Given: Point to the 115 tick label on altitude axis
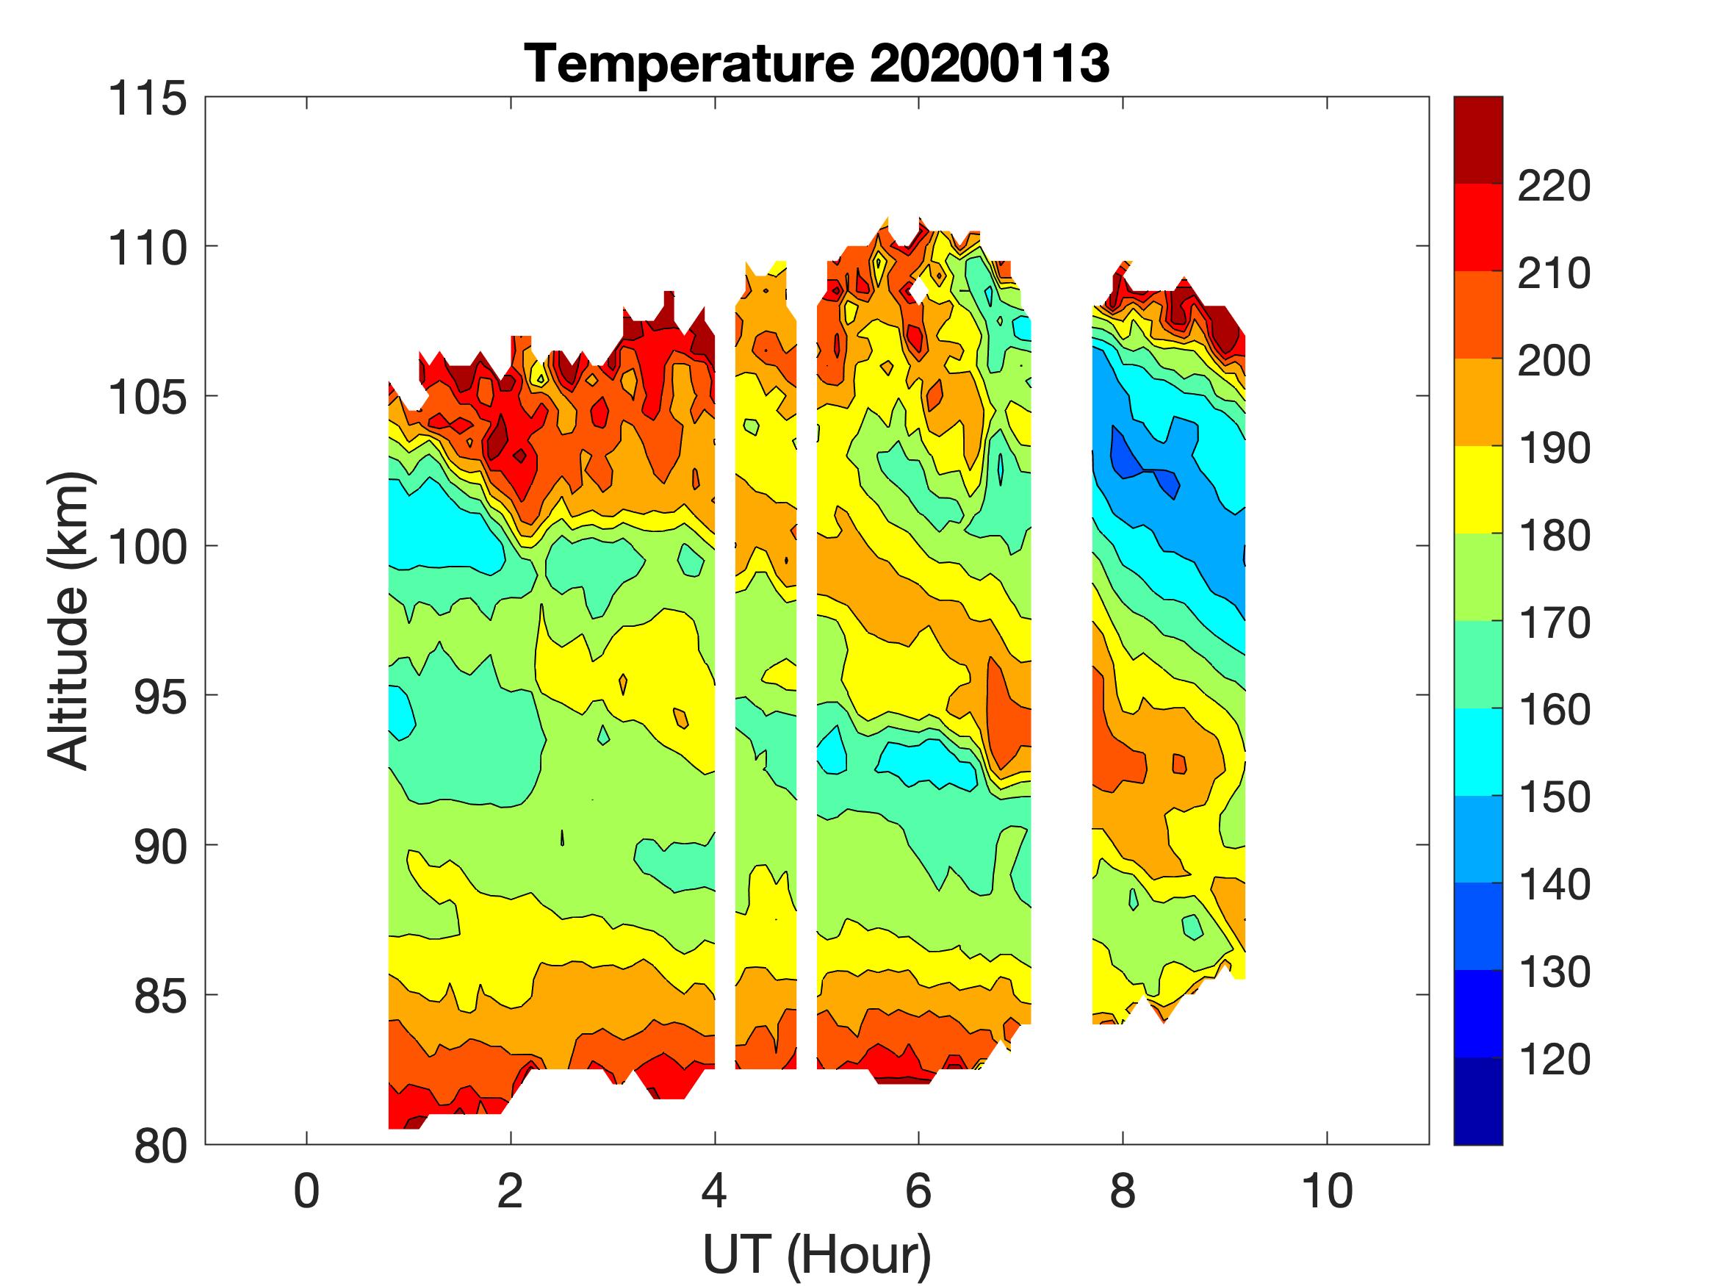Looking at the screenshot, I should (x=147, y=99).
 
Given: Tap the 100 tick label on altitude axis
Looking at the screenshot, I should (x=147, y=547).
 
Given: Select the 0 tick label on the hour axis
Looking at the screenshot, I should (x=307, y=1190).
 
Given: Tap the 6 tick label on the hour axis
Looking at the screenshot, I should (x=918, y=1190).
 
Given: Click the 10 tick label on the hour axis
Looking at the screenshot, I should (x=1328, y=1190).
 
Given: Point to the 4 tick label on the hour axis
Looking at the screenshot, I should (x=714, y=1190).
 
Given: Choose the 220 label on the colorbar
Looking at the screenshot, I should (x=1553, y=186).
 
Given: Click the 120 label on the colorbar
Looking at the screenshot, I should (x=1553, y=1059).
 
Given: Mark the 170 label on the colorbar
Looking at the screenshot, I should (x=1553, y=622).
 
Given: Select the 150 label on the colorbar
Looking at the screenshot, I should (x=1553, y=797).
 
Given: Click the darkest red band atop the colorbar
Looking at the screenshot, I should (x=1477, y=140).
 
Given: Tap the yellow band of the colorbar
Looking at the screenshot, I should (x=1477, y=489).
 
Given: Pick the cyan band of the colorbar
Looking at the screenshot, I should (x=1477, y=752).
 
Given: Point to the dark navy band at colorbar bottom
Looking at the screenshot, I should (x=1477, y=1101).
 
